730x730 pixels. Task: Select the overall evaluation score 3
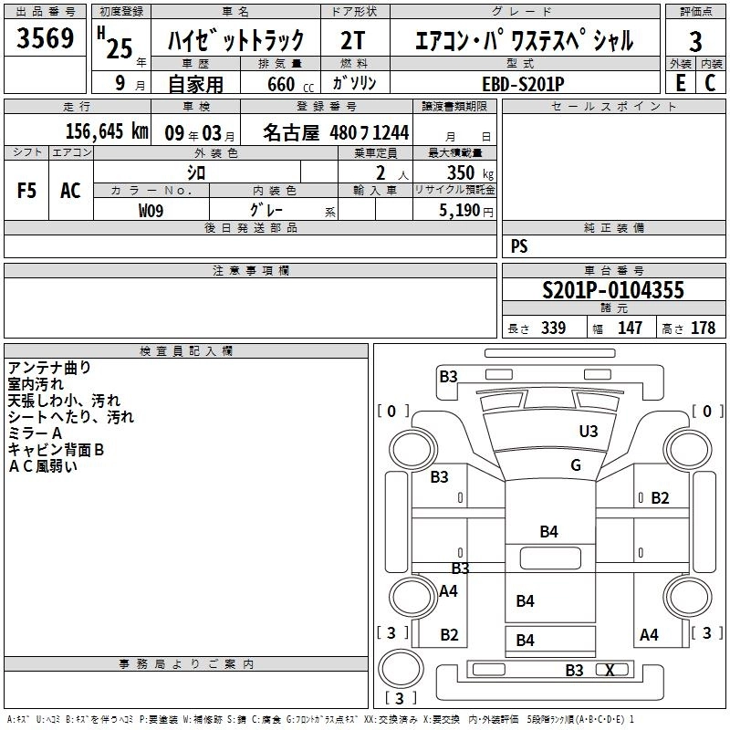coord(695,42)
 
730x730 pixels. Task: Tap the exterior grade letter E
coord(679,83)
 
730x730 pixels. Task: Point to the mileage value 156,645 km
coord(106,131)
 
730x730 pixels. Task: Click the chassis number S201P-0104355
coord(612,290)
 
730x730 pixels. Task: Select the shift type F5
coord(27,191)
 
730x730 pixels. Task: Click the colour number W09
coord(151,210)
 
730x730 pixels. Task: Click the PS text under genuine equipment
coord(520,246)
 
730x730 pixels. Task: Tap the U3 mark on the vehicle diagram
coord(589,431)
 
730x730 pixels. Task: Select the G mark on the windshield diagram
coord(575,465)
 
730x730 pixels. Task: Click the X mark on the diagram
coord(610,670)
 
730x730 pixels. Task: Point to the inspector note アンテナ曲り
coord(49,368)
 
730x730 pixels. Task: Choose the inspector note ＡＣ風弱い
coord(43,466)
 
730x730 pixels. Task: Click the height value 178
coord(704,328)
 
